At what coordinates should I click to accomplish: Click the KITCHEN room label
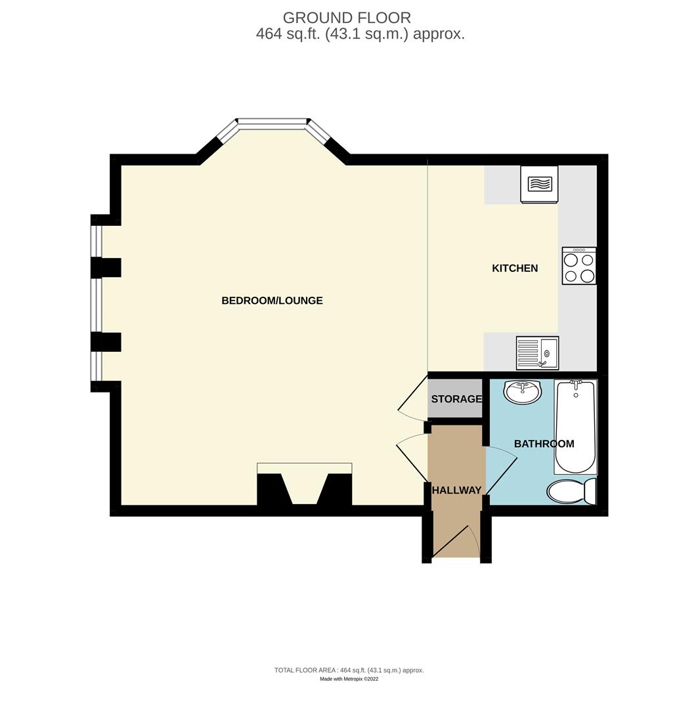coord(515,268)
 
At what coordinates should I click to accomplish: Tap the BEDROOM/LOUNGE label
coord(272,301)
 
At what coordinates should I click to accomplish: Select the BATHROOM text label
coord(544,444)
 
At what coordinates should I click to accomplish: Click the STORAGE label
coord(456,399)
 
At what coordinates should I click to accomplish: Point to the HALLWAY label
coord(456,490)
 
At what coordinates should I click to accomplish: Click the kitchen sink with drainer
coord(537,353)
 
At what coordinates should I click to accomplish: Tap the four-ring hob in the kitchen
coord(579,266)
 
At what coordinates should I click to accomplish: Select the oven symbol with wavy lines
coord(539,184)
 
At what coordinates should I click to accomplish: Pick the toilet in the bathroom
coord(570,490)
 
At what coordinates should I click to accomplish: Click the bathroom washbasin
coord(523,392)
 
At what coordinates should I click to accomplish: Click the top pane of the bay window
coord(272,121)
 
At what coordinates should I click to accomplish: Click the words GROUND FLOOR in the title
coord(347,18)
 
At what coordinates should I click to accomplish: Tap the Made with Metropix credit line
coord(349,679)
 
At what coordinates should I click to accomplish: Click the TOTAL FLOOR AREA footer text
coord(349,670)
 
